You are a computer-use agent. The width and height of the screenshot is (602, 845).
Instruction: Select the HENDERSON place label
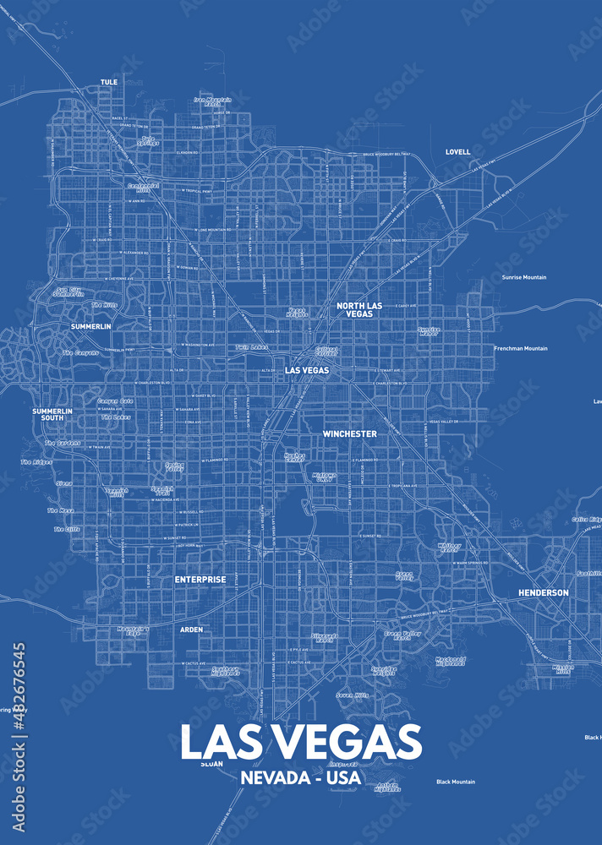point(543,593)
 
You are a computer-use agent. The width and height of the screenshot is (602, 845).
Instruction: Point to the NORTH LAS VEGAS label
point(359,309)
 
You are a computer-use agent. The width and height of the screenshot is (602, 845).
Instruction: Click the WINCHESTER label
point(349,434)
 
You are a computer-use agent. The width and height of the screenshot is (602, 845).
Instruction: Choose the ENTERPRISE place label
point(200,580)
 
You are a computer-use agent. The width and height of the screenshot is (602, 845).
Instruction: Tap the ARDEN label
point(191,630)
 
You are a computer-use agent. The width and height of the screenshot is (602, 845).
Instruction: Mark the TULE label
point(109,82)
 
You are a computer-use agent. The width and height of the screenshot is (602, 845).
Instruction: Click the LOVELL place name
point(457,152)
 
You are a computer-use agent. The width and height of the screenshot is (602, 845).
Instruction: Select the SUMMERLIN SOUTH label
point(47,414)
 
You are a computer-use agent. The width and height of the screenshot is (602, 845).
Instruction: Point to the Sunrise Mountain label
point(524,277)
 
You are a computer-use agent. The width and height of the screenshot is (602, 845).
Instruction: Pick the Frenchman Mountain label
point(521,348)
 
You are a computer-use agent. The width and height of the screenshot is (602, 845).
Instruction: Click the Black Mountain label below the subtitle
point(456,782)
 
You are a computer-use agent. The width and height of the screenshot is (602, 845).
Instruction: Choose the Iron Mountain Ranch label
point(212,101)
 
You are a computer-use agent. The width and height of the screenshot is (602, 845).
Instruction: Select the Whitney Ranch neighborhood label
point(450,548)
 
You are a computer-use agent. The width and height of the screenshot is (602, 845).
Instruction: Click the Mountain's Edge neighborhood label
point(133,630)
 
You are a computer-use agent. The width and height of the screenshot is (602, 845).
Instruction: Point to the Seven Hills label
point(352,695)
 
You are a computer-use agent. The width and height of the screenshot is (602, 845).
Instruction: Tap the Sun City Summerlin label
point(68,292)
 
